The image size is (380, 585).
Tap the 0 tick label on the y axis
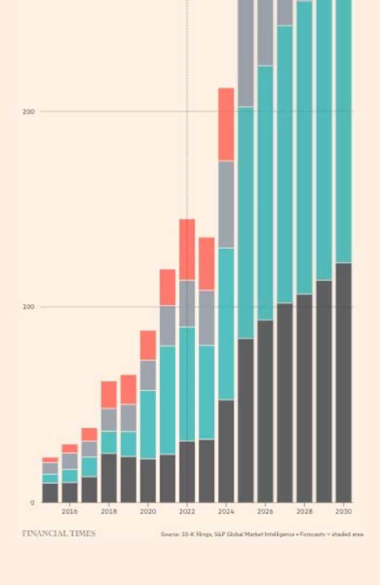(32, 503)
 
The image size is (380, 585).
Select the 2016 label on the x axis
(70, 511)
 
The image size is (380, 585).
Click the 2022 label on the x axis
(187, 511)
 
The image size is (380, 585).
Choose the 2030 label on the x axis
(344, 511)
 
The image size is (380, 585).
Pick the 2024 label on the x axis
(226, 511)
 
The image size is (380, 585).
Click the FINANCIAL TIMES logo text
(58, 534)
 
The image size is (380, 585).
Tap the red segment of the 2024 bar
(226, 124)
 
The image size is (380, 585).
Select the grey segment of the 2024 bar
(226, 204)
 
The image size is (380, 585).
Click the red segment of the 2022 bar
(187, 250)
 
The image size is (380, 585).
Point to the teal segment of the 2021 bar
(167, 400)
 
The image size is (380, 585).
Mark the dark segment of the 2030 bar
(344, 383)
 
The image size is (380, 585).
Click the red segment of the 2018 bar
(109, 395)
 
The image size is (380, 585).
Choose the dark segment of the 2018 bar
(109, 478)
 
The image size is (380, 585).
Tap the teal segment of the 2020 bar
(148, 424)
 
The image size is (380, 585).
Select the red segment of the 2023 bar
(206, 264)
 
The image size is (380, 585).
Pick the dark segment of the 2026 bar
(265, 411)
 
